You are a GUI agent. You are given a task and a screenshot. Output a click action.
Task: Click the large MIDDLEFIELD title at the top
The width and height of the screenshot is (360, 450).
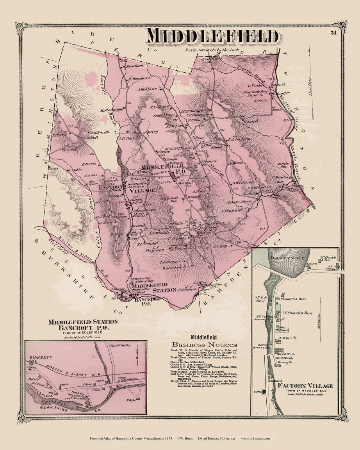213,36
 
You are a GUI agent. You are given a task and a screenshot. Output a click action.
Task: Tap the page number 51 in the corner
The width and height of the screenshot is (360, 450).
333,32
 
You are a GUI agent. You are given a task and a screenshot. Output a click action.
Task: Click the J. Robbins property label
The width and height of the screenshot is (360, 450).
147,89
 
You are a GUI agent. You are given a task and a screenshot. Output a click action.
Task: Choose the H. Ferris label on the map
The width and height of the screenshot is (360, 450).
89,164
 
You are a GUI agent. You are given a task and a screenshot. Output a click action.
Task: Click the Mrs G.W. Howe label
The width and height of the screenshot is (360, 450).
237,202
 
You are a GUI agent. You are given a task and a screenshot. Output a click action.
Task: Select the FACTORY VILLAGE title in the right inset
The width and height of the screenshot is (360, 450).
305,386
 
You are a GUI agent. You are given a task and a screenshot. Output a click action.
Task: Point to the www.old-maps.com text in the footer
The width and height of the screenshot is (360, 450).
255,438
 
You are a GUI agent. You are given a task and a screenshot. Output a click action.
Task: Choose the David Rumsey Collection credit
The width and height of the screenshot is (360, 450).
216,438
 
